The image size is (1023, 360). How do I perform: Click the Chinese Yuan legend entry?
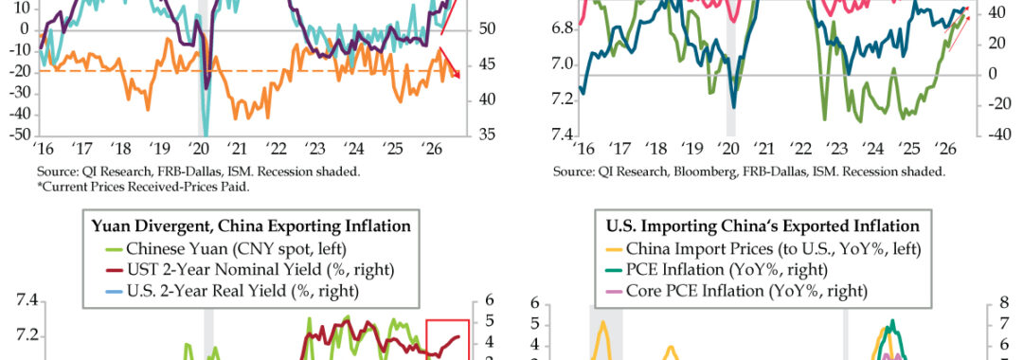tap(225, 248)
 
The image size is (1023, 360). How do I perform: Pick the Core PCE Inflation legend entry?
tap(737, 290)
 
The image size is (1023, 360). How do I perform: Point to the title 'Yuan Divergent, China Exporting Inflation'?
tap(251, 226)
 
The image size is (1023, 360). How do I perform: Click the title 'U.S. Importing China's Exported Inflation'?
tap(762, 226)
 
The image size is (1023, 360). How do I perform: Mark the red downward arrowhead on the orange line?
tap(457, 75)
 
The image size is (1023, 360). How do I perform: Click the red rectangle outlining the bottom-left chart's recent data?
tap(447, 320)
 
